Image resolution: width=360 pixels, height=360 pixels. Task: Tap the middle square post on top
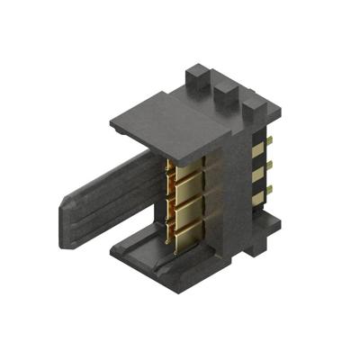tap(224, 91)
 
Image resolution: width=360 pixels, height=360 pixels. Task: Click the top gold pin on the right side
tap(267, 144)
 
